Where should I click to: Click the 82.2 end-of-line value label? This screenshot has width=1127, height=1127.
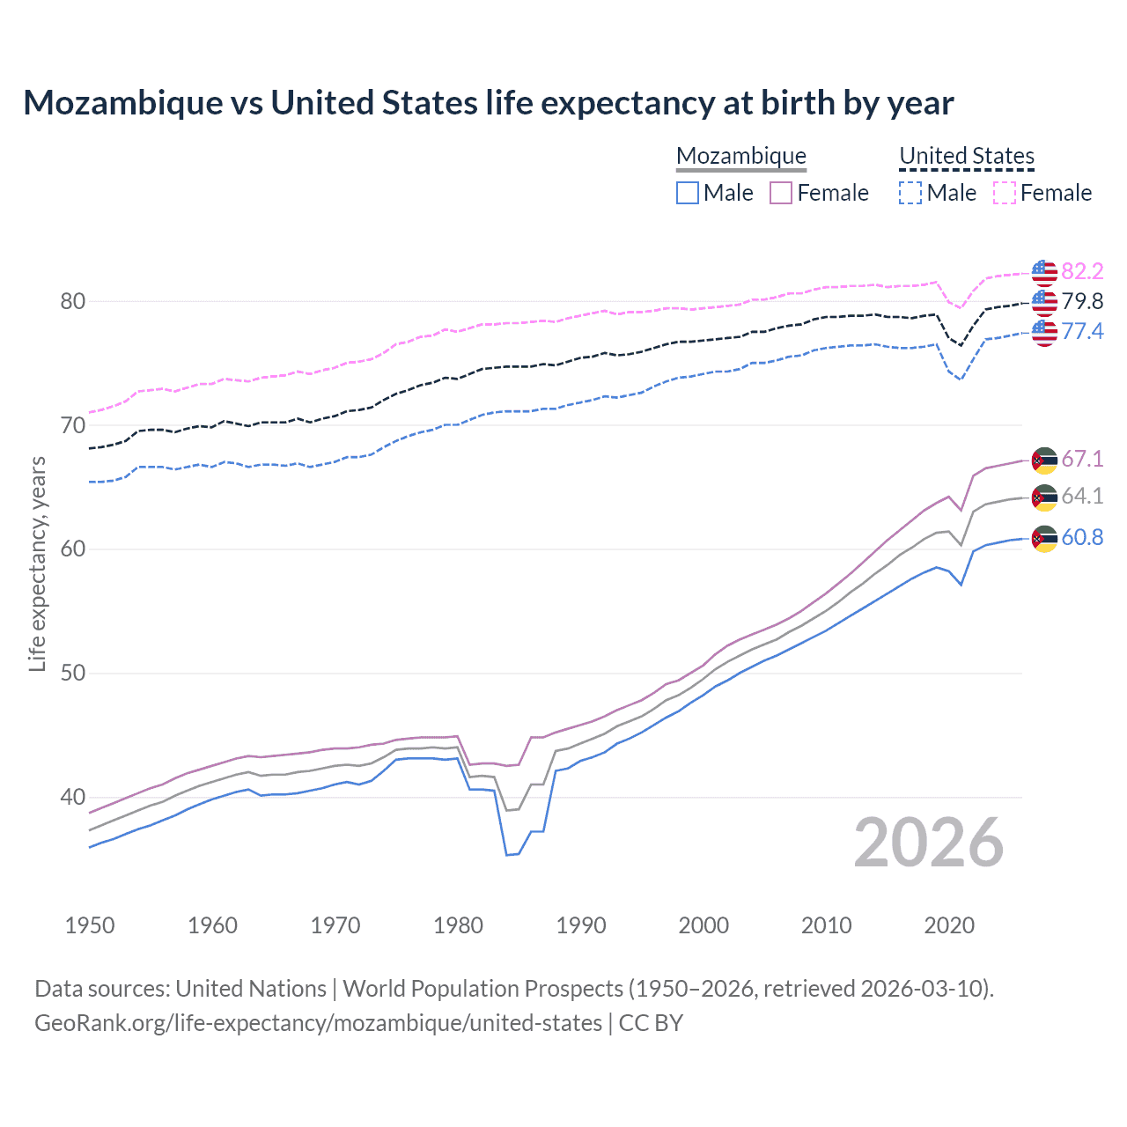[x=1082, y=271]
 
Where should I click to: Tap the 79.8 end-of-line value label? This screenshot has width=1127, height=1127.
[x=1082, y=301]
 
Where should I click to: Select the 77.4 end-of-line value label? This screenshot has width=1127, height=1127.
[x=1082, y=331]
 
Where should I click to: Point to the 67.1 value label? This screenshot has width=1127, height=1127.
[x=1082, y=459]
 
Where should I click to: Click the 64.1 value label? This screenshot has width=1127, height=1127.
[x=1082, y=496]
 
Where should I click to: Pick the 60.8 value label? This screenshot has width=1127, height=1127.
[x=1082, y=537]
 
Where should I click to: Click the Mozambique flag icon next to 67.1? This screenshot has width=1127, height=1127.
[x=1044, y=460]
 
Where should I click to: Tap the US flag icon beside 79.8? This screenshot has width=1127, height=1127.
[x=1044, y=302]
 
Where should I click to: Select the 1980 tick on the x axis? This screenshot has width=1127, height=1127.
[x=459, y=925]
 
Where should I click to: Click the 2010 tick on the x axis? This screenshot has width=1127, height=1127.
[x=826, y=925]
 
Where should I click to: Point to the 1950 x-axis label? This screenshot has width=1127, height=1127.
[x=90, y=925]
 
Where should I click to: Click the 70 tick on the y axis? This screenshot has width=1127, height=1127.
[x=73, y=425]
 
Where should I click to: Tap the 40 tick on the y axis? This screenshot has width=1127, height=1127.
[x=73, y=797]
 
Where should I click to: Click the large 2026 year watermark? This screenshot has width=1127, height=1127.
[x=929, y=843]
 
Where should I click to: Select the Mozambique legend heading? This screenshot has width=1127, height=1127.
[x=741, y=156]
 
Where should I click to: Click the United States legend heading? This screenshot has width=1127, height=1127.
[x=967, y=156]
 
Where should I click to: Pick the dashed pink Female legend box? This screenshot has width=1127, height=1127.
[x=1005, y=193]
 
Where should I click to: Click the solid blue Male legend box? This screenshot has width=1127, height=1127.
[x=688, y=193]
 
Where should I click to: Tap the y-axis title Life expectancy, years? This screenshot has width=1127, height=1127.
[x=37, y=563]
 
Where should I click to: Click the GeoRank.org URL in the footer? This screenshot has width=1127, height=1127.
[x=318, y=1023]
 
